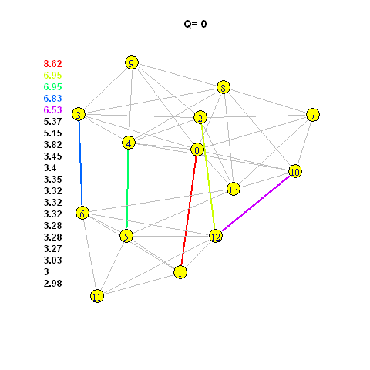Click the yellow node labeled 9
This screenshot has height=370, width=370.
[x=132, y=62]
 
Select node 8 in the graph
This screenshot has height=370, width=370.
[x=224, y=87]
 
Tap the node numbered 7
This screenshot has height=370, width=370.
[x=313, y=115]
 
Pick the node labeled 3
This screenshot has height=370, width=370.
[x=79, y=114]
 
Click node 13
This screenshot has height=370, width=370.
[x=234, y=190]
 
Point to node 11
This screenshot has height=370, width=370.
[x=97, y=296]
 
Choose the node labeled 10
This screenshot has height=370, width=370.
[x=295, y=171]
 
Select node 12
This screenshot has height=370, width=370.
[x=216, y=236]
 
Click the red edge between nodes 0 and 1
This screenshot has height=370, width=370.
[x=189, y=210]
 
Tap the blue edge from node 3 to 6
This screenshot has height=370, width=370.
[x=81, y=163]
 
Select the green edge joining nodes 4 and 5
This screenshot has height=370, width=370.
[x=127, y=189]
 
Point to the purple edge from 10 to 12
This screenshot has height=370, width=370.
[x=256, y=203]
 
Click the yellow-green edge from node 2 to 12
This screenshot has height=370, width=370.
[x=207, y=177]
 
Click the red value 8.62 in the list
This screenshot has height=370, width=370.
[x=52, y=64]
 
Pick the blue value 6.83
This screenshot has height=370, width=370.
[x=52, y=99]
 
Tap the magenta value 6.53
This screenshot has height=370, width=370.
[x=52, y=110]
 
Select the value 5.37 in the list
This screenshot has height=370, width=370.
[x=52, y=122]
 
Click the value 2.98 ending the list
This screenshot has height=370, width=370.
[x=52, y=284]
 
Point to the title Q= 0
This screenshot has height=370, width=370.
[x=195, y=24]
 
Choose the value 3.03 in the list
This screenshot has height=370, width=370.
[x=52, y=261]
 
